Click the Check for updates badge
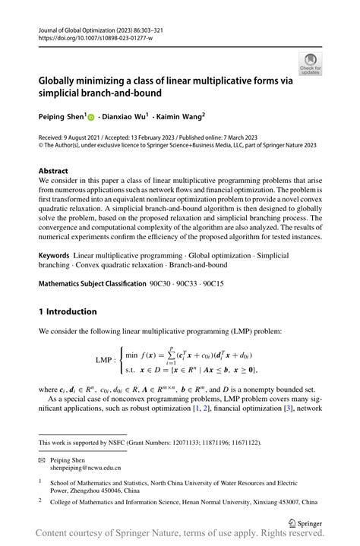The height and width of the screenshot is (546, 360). tap(310, 64)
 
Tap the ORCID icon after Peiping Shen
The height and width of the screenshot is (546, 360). tap(91, 118)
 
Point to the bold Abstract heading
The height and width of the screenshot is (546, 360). tap(53, 172)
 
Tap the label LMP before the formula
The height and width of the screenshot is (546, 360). tap(106, 360)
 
